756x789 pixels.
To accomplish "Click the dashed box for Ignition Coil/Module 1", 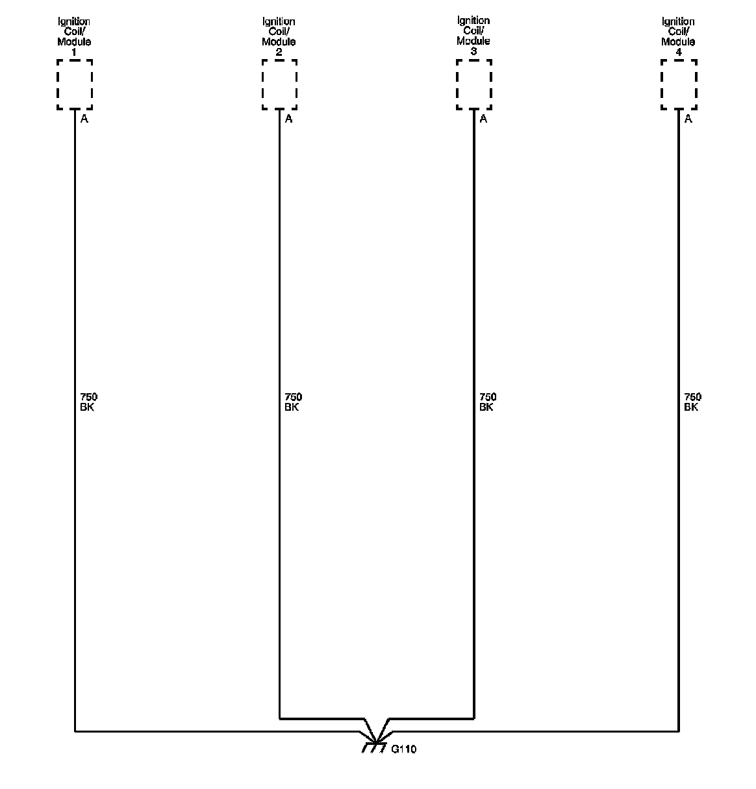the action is coord(75,84).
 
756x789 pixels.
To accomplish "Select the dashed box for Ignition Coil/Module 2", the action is coord(280,84).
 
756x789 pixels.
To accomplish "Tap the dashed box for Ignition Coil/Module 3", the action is coord(474,84).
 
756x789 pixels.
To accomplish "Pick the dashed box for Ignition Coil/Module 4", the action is coord(679,84).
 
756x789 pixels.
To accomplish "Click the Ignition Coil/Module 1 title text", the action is coord(74,36).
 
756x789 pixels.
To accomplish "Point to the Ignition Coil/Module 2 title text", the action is coord(279,36).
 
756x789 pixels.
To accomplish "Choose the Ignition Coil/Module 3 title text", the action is coord(473,36).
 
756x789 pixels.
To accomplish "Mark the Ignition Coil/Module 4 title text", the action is coord(679,36).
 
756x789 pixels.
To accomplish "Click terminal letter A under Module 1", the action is coord(84,119).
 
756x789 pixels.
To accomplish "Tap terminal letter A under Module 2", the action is coord(289,119).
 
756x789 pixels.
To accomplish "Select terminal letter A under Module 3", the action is coord(483,119).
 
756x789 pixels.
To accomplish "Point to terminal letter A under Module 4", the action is coord(688,119).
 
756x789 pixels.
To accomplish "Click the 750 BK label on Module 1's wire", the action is coord(88,402).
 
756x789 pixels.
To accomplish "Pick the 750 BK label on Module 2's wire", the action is coord(293,402).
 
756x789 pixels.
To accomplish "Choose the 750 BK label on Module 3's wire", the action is coord(488,402).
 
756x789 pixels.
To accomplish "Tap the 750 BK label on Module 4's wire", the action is coord(692,402).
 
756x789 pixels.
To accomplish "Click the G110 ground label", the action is coord(404,749).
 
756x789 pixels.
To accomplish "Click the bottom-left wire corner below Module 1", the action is coord(75,731).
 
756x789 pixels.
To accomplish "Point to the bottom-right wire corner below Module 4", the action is coord(679,731).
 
